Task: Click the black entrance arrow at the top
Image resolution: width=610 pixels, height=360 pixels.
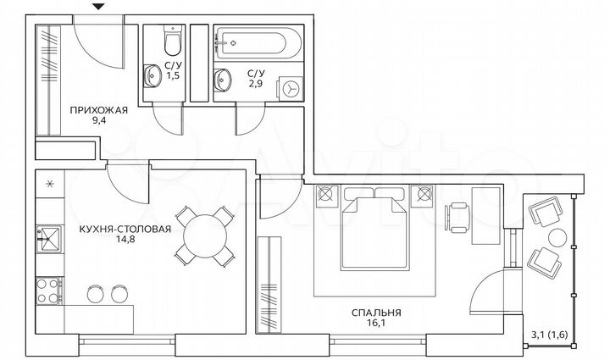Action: tap(100, 8)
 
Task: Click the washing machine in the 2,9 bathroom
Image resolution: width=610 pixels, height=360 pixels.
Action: tap(291, 88)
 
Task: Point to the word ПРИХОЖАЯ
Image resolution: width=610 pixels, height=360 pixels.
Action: tap(99, 109)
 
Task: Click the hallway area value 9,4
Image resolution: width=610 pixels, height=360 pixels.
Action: tap(98, 121)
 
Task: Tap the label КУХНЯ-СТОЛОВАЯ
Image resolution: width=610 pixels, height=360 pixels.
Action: tap(125, 229)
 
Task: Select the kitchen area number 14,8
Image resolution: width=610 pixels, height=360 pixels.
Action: tap(125, 241)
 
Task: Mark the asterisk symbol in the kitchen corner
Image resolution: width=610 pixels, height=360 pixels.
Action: tap(48, 184)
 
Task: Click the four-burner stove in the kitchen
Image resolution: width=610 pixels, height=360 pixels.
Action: tap(47, 293)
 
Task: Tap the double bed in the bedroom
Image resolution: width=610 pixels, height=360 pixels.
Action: tap(374, 229)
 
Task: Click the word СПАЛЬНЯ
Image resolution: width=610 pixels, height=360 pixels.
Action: tap(376, 312)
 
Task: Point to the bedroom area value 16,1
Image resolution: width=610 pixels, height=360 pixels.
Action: tap(376, 324)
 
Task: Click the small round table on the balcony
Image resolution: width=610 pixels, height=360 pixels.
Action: tap(557, 238)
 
